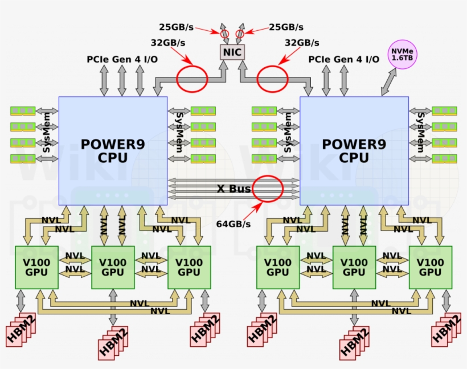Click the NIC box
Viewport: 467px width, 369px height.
coord(232,52)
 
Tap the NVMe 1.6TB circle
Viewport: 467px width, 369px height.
coord(403,55)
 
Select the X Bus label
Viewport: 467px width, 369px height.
coord(233,188)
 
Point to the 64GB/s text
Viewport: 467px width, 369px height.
coord(233,224)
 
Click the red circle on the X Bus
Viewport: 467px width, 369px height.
coord(268,188)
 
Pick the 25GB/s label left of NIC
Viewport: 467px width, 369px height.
coord(177,27)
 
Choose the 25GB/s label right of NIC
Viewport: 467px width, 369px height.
coord(286,27)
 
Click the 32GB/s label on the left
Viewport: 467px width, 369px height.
coord(168,42)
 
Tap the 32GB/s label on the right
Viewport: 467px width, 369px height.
coord(302,42)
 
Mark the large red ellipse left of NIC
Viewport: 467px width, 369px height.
coord(191,79)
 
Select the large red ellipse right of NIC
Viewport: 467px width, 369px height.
coord(272,79)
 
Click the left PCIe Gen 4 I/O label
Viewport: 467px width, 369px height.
coord(122,59)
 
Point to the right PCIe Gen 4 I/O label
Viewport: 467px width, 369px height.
coord(344,59)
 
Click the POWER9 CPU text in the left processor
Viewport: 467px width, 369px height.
coord(113,150)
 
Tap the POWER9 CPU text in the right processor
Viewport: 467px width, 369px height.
coord(354,150)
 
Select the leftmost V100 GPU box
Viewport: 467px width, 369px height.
coord(36,267)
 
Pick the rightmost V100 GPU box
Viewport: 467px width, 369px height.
coord(430,267)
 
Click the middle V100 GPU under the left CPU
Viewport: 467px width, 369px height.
coord(113,267)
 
